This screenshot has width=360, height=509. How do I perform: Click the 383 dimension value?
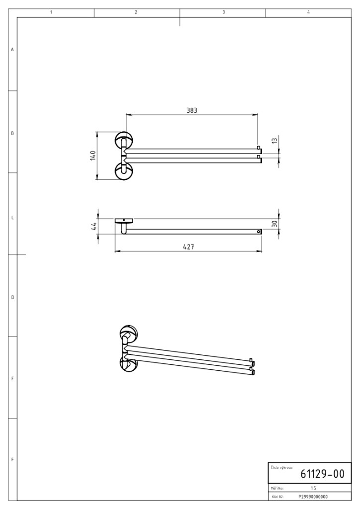point(192,110)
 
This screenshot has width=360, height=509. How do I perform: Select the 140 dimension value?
point(93,156)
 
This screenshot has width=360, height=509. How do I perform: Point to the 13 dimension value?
point(274,141)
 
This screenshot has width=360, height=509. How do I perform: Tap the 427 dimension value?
point(188,247)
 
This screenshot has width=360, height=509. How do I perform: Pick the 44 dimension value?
point(93,226)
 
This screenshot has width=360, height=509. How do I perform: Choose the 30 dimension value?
point(274,224)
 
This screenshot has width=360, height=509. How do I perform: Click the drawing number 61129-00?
point(322,474)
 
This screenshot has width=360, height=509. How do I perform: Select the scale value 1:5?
point(313,488)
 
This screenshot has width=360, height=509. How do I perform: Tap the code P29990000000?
point(313,497)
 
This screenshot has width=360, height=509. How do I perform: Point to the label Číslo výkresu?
point(281,468)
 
